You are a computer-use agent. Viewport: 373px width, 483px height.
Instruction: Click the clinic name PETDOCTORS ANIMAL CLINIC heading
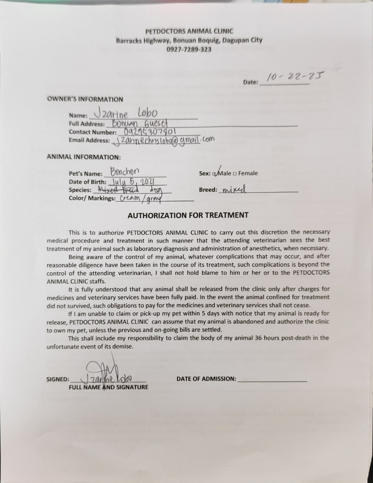(x=189, y=31)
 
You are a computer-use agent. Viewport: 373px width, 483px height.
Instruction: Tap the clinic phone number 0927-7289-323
(x=189, y=49)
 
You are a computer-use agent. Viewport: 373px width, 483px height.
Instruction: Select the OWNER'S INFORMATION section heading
(x=85, y=99)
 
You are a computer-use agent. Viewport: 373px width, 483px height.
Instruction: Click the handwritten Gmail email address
(x=163, y=140)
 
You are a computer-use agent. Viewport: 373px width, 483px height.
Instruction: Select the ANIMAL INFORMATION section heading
(x=84, y=157)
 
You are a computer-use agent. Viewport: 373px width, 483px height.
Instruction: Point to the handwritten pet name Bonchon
(x=125, y=172)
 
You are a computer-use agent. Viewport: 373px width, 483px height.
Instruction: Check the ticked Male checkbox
(x=215, y=174)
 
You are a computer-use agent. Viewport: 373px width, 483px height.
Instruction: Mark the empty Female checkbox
(x=235, y=174)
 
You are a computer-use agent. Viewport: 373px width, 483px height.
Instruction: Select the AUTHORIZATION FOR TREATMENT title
(x=188, y=215)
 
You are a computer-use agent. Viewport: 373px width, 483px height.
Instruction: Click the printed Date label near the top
(x=250, y=82)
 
